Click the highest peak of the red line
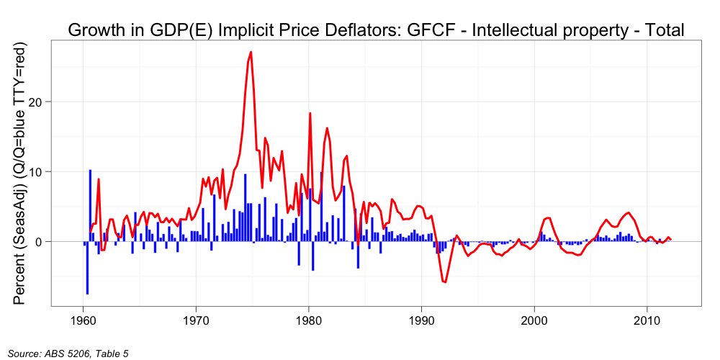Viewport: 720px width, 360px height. [251, 52]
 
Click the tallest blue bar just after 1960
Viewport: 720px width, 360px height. [90, 171]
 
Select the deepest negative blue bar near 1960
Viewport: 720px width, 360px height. [87, 294]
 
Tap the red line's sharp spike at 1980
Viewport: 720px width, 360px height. [310, 113]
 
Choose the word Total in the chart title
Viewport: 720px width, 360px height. [660, 30]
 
